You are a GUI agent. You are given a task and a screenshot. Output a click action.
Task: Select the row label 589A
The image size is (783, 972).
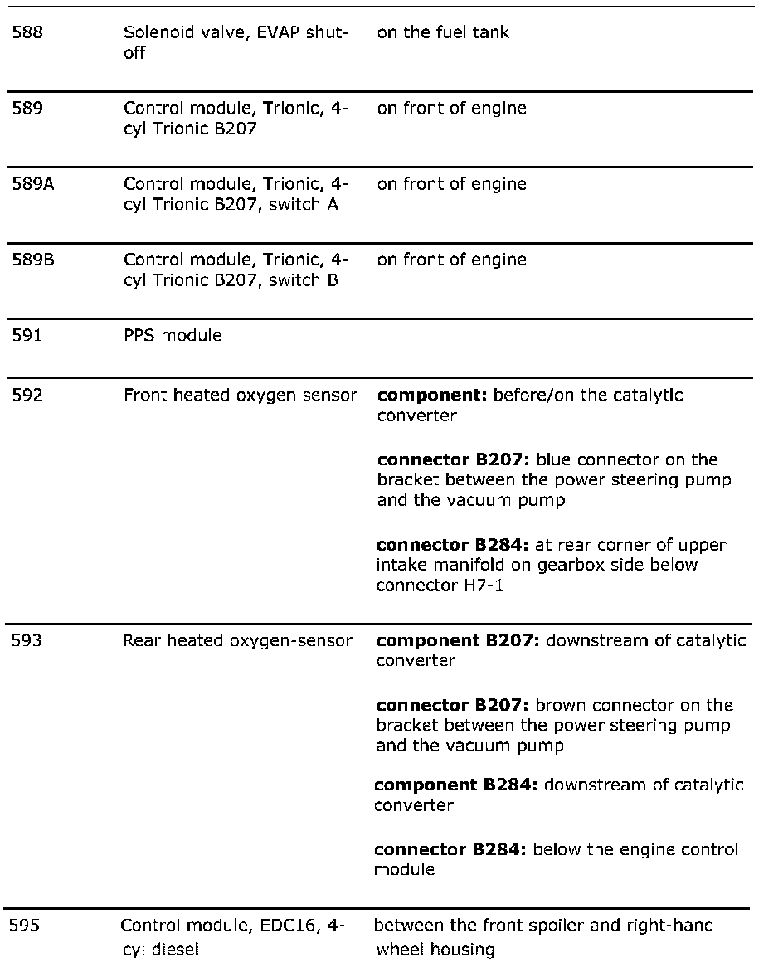point(32,184)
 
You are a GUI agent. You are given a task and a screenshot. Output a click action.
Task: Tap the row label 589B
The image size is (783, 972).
point(32,260)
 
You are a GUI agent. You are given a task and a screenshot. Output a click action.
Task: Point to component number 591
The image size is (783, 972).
point(27,336)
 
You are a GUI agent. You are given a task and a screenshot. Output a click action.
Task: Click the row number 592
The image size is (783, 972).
point(27,396)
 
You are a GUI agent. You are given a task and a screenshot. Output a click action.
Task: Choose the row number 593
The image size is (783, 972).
point(27,641)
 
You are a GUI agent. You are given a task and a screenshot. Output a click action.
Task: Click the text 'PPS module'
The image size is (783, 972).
point(173,336)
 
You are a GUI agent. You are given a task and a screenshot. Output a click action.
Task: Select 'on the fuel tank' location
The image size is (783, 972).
point(443,33)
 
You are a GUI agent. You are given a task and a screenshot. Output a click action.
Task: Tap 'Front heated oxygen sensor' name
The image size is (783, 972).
point(241,396)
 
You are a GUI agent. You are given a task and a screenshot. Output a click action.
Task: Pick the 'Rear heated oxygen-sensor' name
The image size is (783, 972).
point(237,641)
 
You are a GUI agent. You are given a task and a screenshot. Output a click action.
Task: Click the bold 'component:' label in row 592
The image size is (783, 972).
point(432,396)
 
